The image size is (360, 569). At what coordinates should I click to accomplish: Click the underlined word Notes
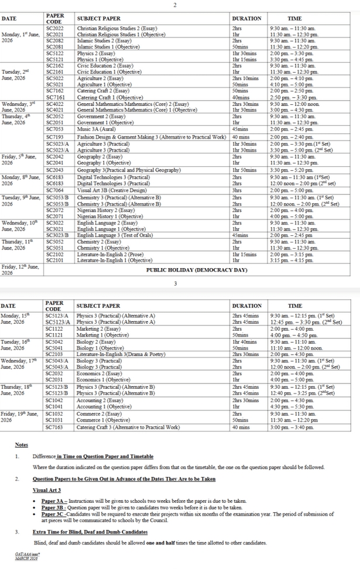click(x=21, y=445)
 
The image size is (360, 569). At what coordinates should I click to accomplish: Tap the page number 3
click(x=174, y=283)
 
